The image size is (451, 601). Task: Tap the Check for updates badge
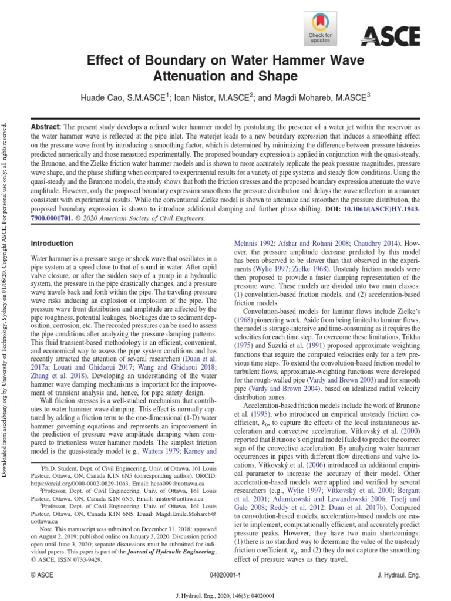[320, 30]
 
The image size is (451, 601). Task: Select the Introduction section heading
[52, 244]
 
